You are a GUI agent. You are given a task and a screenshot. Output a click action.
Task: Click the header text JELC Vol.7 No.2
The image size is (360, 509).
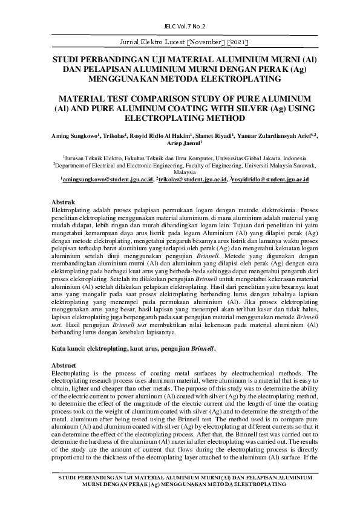click(180, 27)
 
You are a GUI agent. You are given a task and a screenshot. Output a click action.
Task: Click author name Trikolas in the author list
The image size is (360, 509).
click(115, 137)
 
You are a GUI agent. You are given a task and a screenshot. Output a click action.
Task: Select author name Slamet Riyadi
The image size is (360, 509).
click(214, 137)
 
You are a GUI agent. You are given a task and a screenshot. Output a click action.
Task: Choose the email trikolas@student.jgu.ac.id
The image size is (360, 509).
click(193, 180)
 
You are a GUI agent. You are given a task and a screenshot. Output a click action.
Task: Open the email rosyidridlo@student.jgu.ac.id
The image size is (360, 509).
click(271, 180)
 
